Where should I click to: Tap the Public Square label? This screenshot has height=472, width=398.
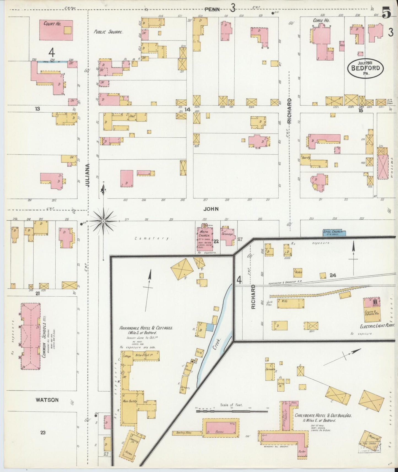(x=108, y=32)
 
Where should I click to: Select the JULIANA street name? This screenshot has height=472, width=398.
(x=88, y=175)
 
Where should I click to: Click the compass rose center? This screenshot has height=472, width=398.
(x=103, y=221)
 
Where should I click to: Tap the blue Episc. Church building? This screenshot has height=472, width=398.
(x=334, y=233)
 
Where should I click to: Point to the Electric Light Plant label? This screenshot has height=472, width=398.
(x=377, y=325)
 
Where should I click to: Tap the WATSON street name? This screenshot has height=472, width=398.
(x=47, y=400)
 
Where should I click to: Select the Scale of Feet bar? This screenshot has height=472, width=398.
(x=231, y=411)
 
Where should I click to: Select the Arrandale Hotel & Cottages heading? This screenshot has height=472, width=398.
(x=146, y=328)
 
